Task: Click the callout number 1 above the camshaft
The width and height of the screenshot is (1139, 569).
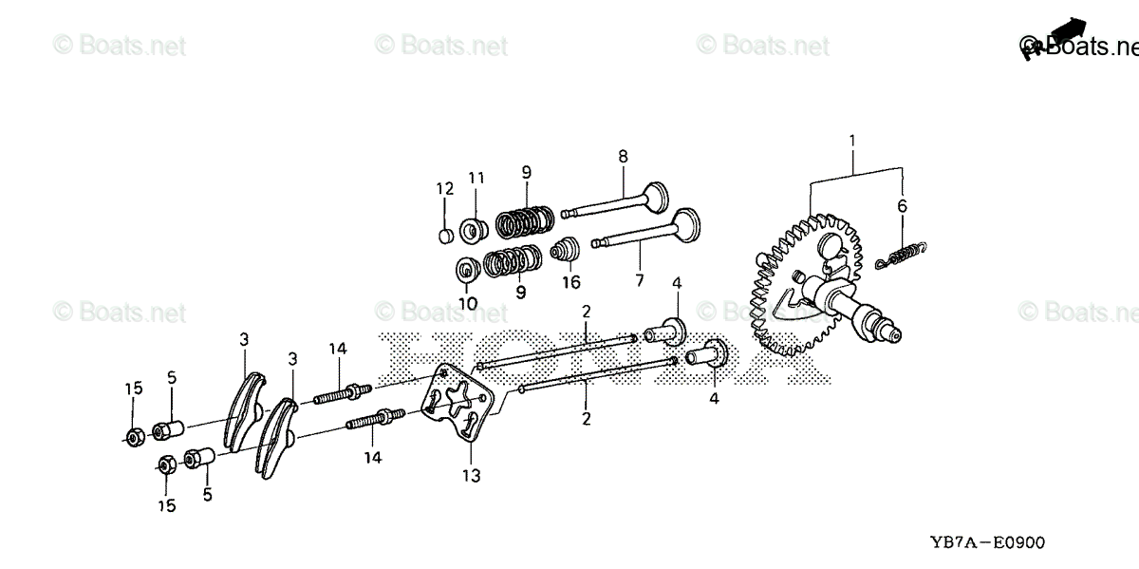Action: [851, 143]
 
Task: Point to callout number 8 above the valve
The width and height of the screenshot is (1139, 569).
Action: [623, 156]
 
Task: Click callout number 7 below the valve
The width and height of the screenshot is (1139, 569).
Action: [639, 280]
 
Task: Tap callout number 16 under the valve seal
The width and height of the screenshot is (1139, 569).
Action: [570, 282]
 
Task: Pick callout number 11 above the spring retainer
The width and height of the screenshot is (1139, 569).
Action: [476, 178]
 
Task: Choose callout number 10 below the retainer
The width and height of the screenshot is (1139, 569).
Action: [467, 303]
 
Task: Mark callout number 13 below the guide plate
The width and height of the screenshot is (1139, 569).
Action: [472, 474]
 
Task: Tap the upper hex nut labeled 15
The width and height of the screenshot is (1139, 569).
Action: [135, 438]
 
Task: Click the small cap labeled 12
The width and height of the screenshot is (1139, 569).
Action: [445, 235]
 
